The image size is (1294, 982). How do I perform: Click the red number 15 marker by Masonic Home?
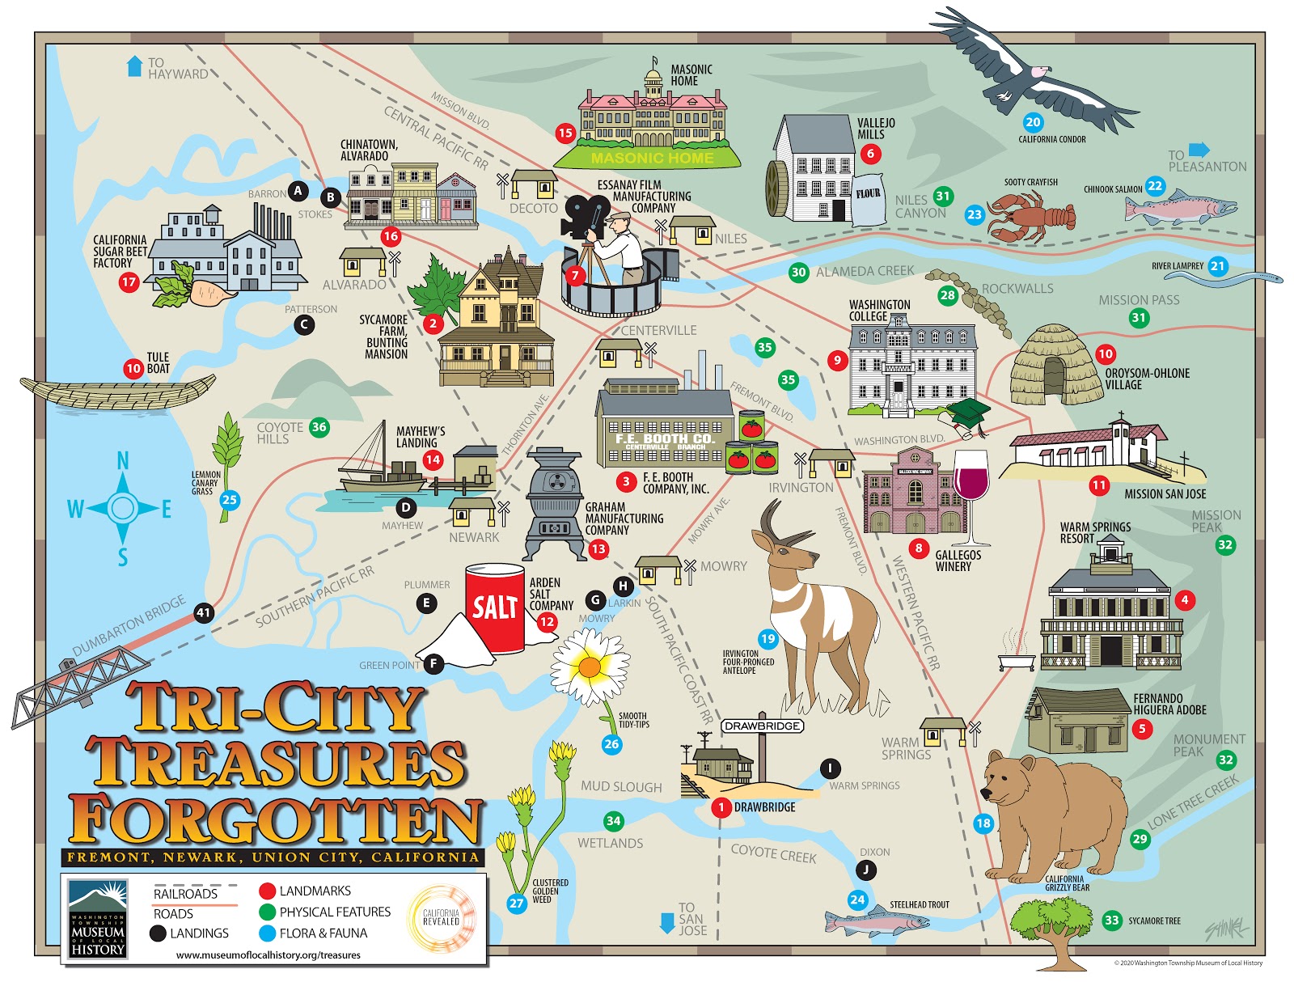point(565,133)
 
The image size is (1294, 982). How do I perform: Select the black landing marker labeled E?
point(426,603)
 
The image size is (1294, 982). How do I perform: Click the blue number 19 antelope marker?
point(768,639)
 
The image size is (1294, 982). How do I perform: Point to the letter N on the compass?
point(123,461)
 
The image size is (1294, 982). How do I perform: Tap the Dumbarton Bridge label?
point(129,626)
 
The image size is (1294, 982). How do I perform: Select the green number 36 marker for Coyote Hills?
point(319,427)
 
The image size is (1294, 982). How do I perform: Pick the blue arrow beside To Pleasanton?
point(1199,150)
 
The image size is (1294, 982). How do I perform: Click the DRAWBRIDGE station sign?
point(762,726)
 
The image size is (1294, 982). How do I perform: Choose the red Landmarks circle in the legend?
point(267,891)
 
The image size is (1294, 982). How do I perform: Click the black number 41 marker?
point(203,612)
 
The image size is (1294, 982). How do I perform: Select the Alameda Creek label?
point(865,272)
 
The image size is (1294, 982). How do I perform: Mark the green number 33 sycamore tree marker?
point(1112,920)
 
